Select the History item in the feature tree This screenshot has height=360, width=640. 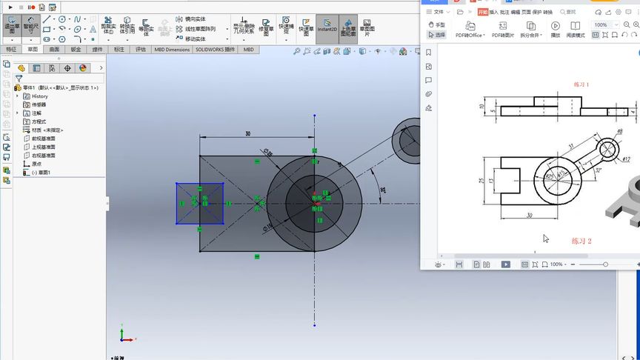(x=39, y=96)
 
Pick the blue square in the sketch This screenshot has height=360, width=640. (x=199, y=202)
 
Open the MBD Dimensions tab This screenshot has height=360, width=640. (x=172, y=50)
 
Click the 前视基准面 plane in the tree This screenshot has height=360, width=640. (x=43, y=139)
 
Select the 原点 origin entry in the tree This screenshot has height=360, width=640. (x=37, y=164)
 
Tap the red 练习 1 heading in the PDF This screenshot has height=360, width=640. (x=581, y=84)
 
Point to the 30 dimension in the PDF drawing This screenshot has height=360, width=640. (x=528, y=216)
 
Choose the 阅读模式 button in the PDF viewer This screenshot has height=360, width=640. (x=576, y=30)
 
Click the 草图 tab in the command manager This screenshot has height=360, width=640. (x=33, y=50)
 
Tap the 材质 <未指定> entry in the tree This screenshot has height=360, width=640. (x=48, y=130)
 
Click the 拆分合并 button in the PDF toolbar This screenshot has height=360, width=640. (x=530, y=30)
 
